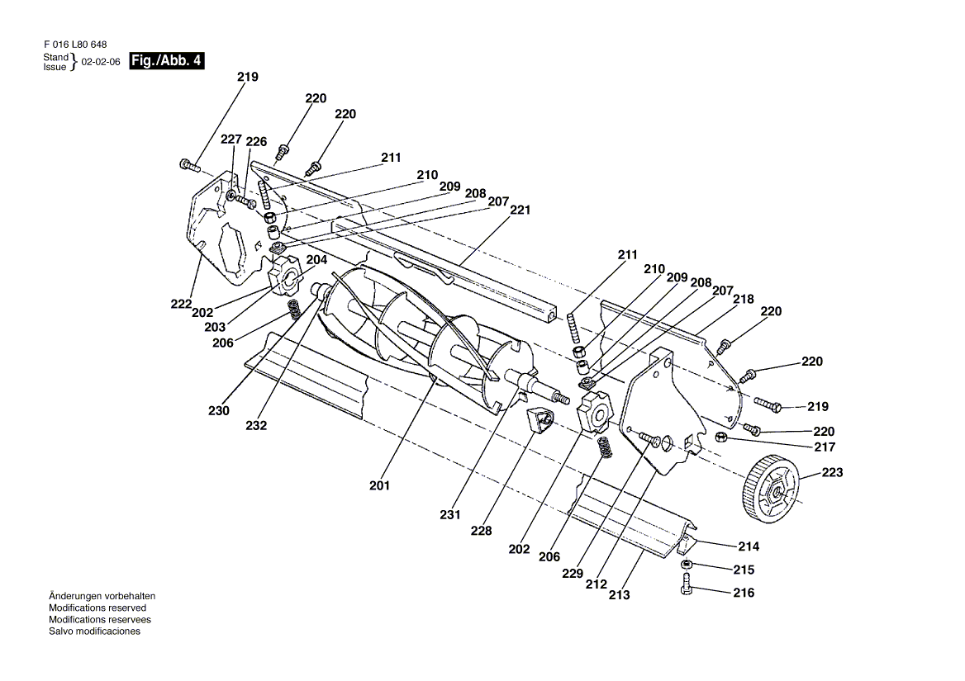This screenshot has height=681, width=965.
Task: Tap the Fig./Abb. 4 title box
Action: (x=166, y=61)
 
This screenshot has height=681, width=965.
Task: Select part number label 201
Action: (x=380, y=485)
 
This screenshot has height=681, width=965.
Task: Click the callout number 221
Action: (x=520, y=210)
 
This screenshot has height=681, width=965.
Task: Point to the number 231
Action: (x=450, y=515)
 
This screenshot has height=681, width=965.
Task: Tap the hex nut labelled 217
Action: (x=720, y=437)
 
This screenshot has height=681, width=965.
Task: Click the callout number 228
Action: (x=482, y=531)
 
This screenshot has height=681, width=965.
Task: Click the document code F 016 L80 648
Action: (x=75, y=45)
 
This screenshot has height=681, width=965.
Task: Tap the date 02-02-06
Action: (x=101, y=62)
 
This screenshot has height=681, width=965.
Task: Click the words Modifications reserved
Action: (x=97, y=608)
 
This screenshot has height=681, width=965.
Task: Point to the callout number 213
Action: (x=619, y=595)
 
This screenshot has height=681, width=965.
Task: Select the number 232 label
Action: (x=256, y=425)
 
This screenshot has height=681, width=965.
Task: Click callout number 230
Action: (x=218, y=410)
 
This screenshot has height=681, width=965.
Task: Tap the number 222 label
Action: (x=181, y=305)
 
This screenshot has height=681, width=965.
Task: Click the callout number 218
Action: (x=744, y=300)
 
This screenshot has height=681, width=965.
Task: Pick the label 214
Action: (x=749, y=546)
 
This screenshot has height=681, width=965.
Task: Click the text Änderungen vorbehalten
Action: (x=102, y=596)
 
